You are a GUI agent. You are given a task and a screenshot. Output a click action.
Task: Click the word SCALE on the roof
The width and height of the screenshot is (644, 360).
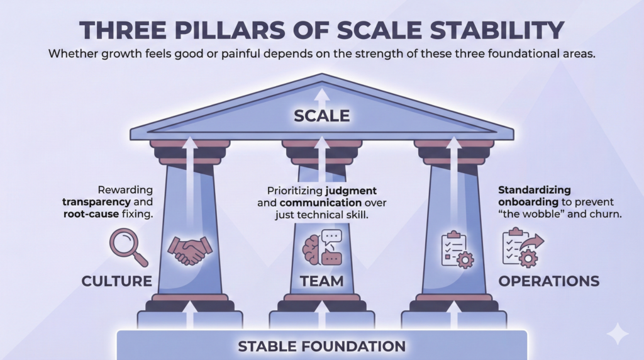321,116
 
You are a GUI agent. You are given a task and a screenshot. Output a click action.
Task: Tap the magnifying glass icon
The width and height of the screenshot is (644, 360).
127,247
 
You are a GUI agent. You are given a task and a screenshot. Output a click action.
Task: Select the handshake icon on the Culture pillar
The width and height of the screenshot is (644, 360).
190,250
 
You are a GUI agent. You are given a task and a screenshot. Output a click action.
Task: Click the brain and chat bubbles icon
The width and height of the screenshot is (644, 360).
322,247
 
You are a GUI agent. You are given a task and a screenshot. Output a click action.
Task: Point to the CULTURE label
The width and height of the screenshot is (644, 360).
117,281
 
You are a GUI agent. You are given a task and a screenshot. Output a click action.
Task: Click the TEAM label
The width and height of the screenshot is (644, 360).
321,281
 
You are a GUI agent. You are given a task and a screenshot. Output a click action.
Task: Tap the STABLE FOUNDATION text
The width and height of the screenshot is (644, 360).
321,346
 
